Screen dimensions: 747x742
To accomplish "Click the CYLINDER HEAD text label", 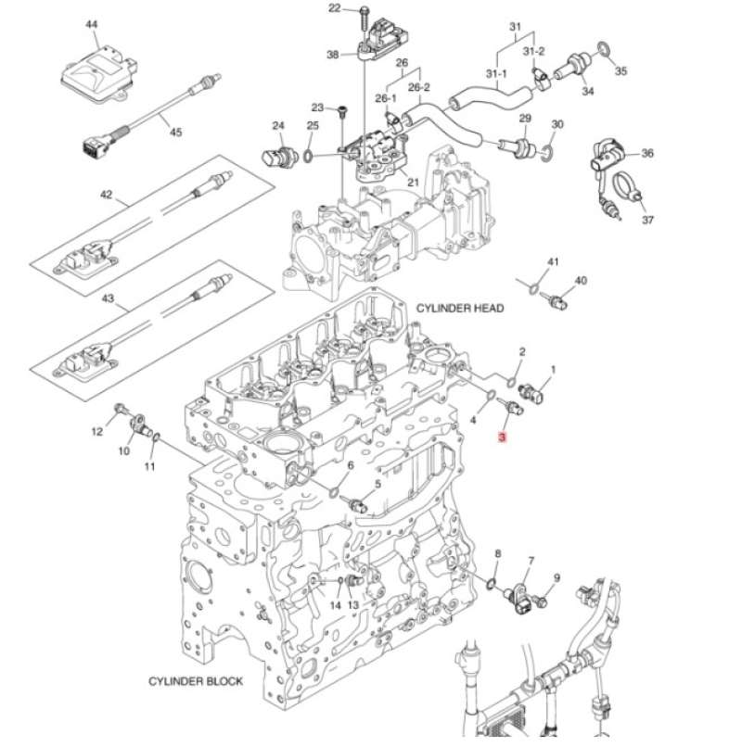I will pos(460,309).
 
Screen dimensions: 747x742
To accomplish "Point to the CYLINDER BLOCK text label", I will pos(196,681).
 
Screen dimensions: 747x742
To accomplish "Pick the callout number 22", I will pos(335,8).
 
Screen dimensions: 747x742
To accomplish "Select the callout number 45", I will pos(175,133).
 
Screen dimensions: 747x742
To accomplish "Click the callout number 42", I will pos(106,195).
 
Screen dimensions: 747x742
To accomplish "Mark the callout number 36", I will pos(647,154).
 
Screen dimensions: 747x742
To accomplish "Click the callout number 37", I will pos(647,221).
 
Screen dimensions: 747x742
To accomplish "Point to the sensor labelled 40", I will pos(556,299).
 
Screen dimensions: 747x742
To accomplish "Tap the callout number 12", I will pos(96,431).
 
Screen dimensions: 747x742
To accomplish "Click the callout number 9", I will pos(556,578).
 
